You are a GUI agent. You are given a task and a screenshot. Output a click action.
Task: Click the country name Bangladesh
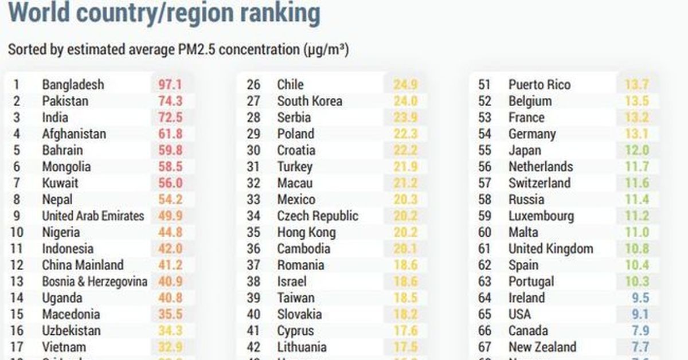click(73, 85)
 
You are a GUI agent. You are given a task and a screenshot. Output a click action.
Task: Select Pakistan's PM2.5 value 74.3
click(170, 101)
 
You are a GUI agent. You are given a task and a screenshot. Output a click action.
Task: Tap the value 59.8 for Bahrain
click(170, 151)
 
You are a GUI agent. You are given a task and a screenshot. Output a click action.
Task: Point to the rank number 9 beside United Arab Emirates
click(16, 217)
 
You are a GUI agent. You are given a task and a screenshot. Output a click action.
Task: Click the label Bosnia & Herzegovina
click(95, 282)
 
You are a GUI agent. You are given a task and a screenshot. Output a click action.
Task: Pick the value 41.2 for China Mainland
click(170, 265)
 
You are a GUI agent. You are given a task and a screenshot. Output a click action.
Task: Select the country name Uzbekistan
click(71, 331)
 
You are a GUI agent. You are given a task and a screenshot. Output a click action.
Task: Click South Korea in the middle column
click(310, 101)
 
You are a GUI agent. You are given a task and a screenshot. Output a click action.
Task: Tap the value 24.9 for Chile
click(405, 85)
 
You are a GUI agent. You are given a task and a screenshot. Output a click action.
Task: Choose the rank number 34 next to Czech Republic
click(253, 217)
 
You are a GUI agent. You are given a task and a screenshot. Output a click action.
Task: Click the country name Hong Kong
click(306, 233)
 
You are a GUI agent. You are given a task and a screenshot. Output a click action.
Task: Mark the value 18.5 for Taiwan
click(405, 299)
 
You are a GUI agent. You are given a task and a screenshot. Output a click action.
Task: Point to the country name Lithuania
click(302, 347)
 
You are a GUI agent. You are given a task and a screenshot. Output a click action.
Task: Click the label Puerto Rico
click(540, 85)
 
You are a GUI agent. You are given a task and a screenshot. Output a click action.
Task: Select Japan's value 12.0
click(637, 151)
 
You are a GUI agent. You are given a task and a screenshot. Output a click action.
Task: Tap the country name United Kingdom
click(550, 249)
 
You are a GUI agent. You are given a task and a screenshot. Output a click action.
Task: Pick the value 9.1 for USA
click(640, 315)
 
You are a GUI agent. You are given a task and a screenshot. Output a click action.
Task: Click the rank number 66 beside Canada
click(485, 331)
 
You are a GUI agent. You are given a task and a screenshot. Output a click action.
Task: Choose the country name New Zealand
click(542, 347)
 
